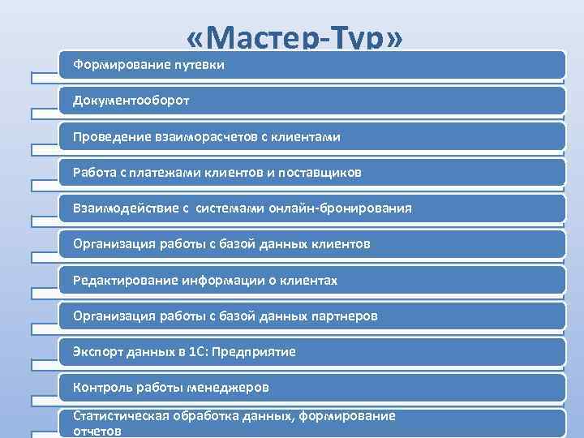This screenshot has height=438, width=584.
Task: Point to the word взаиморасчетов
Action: click(204, 137)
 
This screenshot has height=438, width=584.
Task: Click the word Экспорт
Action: click(95, 352)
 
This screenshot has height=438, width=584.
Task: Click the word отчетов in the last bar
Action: click(97, 432)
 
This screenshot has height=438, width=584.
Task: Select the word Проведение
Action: click(109, 137)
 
